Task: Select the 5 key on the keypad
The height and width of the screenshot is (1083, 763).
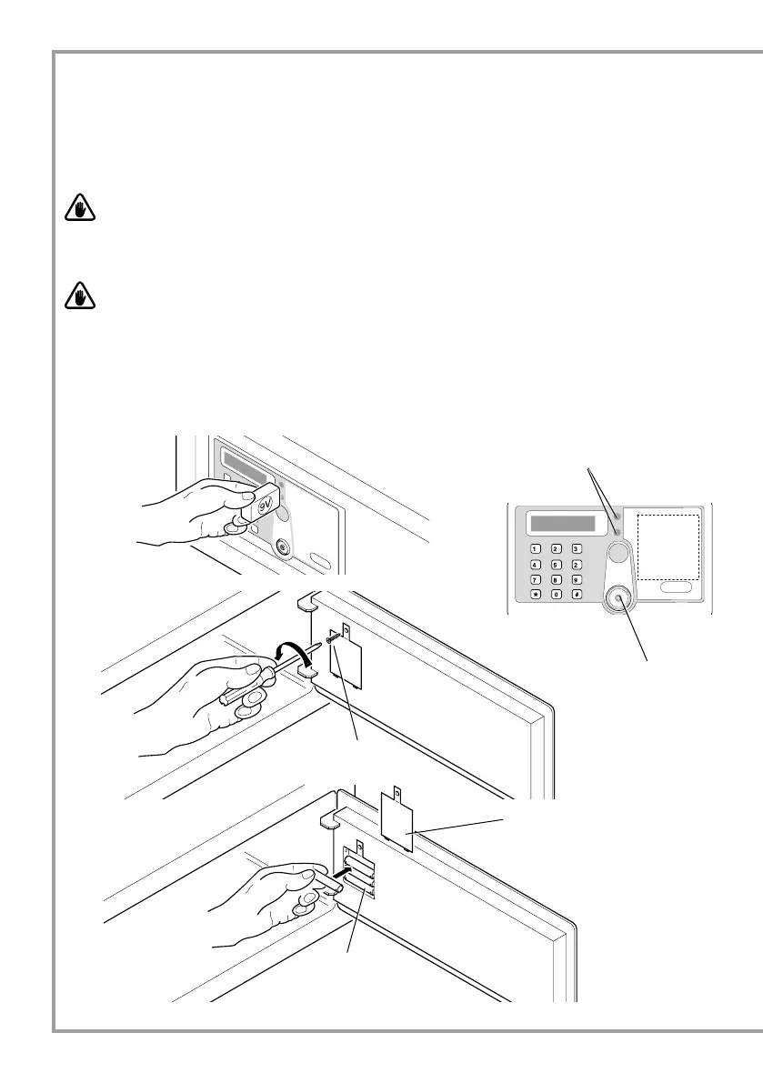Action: (557, 564)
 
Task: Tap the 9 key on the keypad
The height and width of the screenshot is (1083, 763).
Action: (576, 579)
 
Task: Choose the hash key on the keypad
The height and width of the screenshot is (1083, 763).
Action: (576, 595)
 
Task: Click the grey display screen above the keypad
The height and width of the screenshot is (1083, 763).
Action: (563, 525)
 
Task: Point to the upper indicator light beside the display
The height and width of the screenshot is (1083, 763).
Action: (617, 516)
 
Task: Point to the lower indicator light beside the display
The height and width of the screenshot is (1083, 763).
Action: (617, 531)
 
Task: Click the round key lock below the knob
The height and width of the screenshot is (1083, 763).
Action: (618, 598)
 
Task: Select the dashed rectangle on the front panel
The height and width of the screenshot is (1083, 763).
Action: (668, 547)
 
